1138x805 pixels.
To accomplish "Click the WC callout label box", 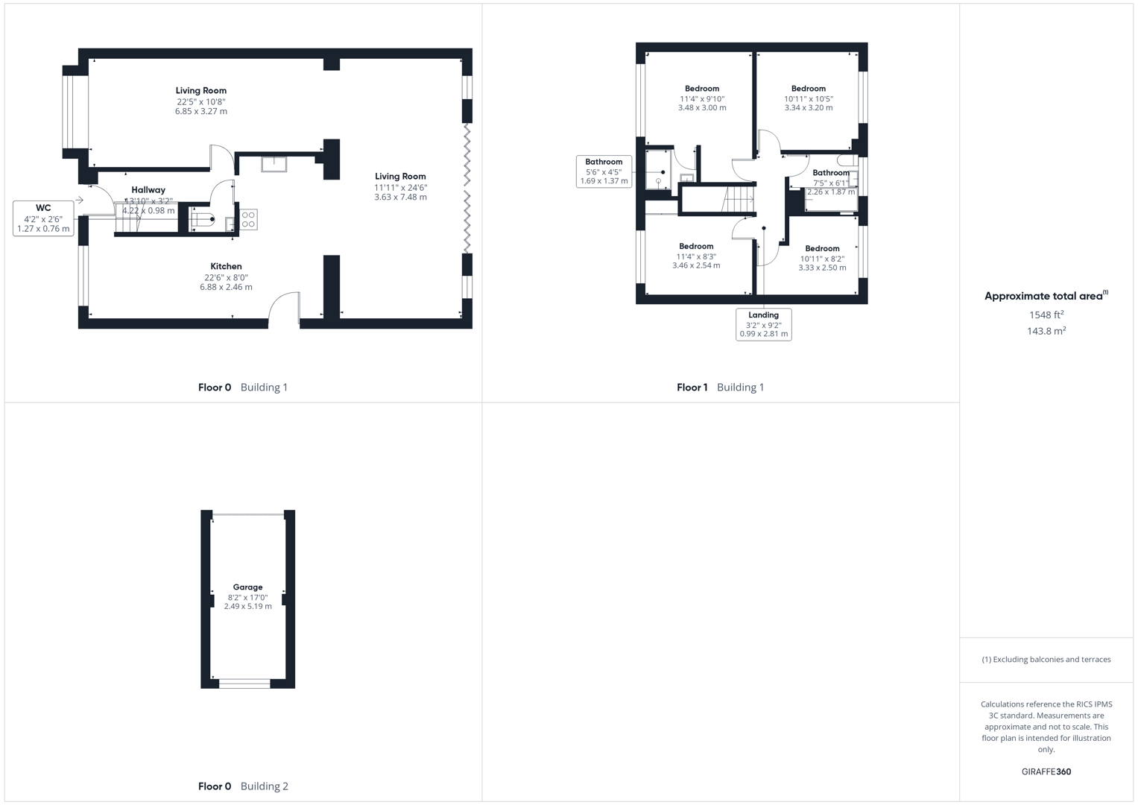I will point(43,218).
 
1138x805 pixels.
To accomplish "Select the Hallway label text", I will point(148,190).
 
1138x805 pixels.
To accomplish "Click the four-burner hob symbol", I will point(249,219).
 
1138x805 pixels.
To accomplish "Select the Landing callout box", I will point(763,324).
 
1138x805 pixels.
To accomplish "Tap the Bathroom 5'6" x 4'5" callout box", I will point(604,171).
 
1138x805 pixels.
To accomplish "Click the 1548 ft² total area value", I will point(1046,315).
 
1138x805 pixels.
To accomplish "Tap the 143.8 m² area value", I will point(1046,331).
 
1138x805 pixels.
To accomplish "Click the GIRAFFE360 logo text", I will point(1046,771).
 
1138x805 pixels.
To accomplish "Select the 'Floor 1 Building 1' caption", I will point(720,387).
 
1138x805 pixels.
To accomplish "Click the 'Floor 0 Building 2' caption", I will point(243,786).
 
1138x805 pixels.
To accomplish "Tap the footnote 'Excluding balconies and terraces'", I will point(1046,659).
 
